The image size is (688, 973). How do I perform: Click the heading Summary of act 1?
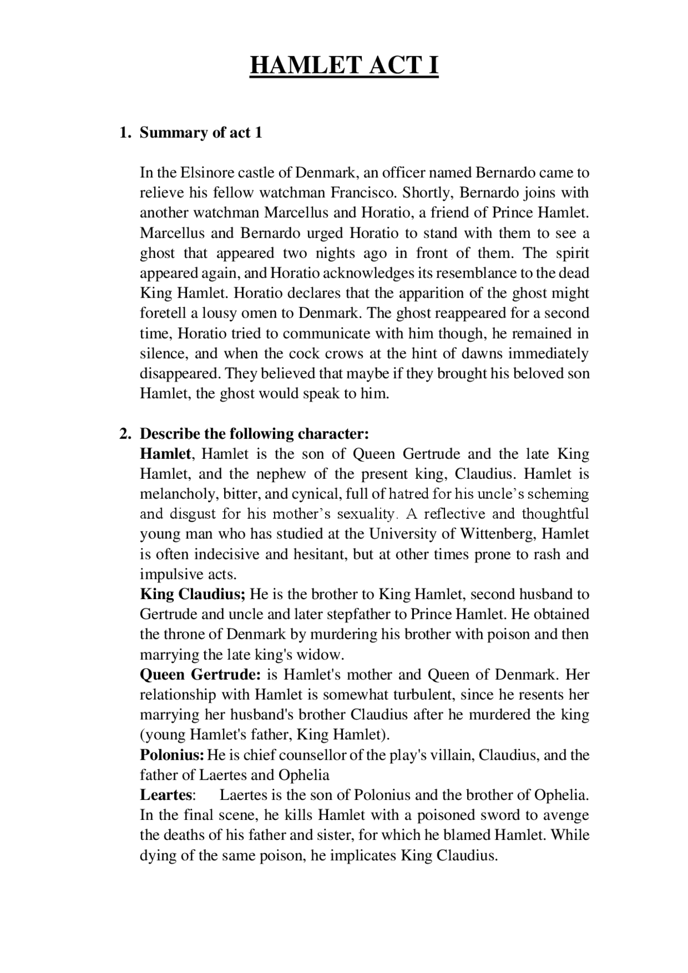tap(201, 133)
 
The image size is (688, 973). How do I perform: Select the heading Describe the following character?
tap(254, 434)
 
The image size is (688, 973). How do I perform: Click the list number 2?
tap(124, 434)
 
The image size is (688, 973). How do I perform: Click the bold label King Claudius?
tap(192, 595)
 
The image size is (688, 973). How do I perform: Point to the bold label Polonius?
tap(172, 755)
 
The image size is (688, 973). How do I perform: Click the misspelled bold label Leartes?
tap(166, 795)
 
